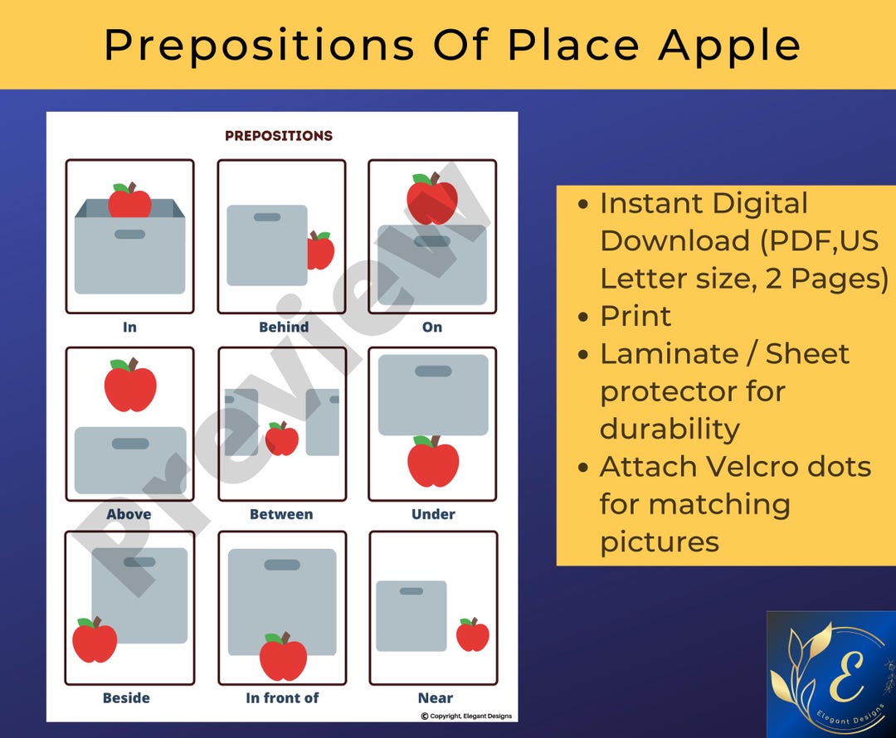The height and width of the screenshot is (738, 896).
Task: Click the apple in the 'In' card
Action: (130, 201)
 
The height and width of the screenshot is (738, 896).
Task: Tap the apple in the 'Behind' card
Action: (321, 250)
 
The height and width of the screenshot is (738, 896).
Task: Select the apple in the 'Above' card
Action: (130, 386)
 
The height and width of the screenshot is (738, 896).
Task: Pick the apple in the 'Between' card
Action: (282, 439)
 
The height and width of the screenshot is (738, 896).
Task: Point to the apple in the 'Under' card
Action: (433, 462)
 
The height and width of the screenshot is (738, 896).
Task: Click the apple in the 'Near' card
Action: (473, 635)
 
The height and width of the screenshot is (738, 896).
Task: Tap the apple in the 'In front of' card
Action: (283, 657)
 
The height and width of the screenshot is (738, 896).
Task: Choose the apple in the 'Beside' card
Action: (95, 640)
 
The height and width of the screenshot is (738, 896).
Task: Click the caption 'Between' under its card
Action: (281, 514)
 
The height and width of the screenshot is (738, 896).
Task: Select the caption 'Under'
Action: (433, 514)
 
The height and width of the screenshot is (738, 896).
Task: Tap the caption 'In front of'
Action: (282, 698)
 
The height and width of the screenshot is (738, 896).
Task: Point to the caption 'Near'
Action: (436, 698)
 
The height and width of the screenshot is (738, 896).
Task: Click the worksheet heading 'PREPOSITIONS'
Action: (279, 135)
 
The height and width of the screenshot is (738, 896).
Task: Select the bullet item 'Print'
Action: (635, 316)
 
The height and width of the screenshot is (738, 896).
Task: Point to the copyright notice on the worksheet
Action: (466, 716)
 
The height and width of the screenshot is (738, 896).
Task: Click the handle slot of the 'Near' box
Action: (411, 591)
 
